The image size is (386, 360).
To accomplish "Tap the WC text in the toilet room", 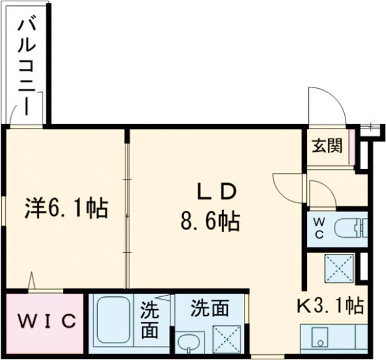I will pos(320,228).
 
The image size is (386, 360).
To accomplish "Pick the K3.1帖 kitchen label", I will pos(331,304).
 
